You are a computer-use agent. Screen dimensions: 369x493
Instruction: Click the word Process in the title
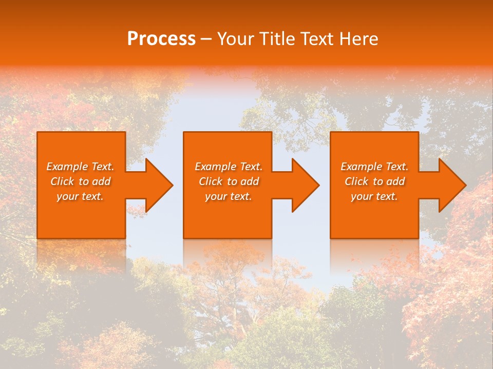pyautogui.click(x=161, y=39)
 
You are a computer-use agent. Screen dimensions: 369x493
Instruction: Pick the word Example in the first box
pyautogui.click(x=67, y=167)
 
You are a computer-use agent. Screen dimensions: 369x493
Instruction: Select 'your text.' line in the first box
pyautogui.click(x=80, y=196)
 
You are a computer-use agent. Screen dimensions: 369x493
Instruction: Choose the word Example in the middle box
pyautogui.click(x=215, y=167)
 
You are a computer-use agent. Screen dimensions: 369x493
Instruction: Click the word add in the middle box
pyautogui.click(x=250, y=181)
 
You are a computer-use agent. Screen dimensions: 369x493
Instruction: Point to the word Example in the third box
pyautogui.click(x=361, y=167)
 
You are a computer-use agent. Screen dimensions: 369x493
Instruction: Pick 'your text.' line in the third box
pyautogui.click(x=374, y=196)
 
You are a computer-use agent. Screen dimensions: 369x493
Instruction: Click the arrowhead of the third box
pyautogui.click(x=451, y=185)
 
